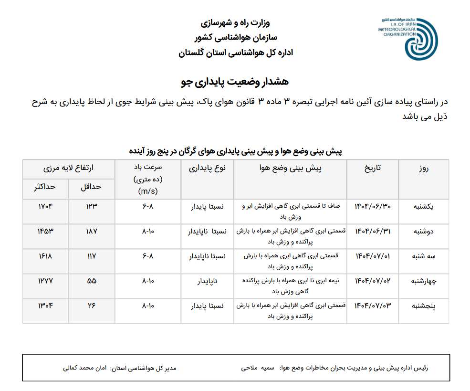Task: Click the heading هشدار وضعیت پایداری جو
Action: click(235, 82)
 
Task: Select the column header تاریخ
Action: click(373, 168)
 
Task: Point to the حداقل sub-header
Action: click(91, 187)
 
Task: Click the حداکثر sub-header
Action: click(44, 187)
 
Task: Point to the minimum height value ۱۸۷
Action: click(91, 231)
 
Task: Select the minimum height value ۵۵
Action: click(91, 281)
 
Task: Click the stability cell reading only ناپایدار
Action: click(208, 281)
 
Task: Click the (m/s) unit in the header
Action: click(147, 191)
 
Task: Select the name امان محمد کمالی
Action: click(85, 369)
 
